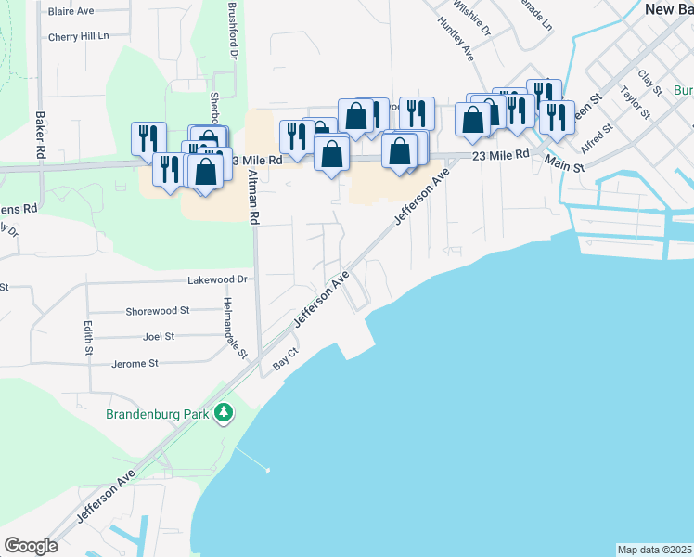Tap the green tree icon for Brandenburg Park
pos(223,412)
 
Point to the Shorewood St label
pos(159,311)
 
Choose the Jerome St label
pos(135,364)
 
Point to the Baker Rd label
pos(40,135)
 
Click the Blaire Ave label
pos(71,12)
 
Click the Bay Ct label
pos(285,360)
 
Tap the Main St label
pos(565,165)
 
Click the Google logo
pos(32,546)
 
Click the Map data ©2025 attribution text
pos(654,550)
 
